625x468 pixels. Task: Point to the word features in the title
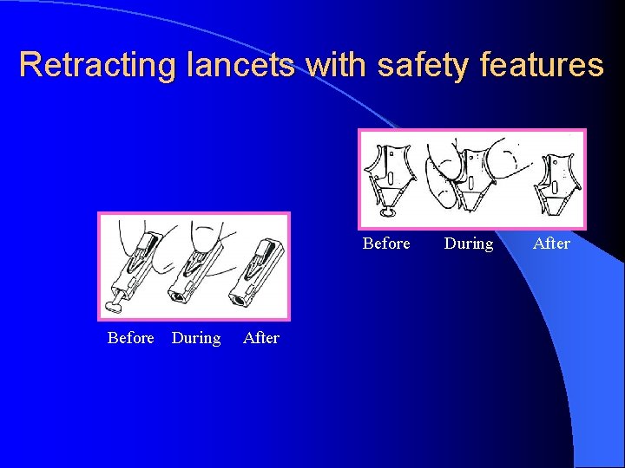[545, 65]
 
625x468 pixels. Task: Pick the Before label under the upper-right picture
[386, 244]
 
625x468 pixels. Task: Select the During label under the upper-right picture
[469, 244]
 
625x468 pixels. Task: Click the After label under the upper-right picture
[551, 244]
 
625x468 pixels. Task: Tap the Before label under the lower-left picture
[130, 338]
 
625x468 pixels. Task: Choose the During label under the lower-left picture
[196, 338]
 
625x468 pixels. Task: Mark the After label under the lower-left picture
[261, 338]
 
